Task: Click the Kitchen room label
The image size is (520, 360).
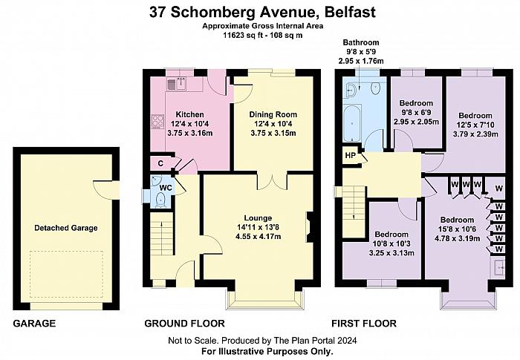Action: pyautogui.click(x=189, y=114)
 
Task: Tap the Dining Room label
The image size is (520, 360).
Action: pyautogui.click(x=273, y=114)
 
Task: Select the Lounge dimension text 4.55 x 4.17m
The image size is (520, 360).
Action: pyautogui.click(x=258, y=236)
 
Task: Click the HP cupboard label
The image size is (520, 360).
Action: pyautogui.click(x=350, y=155)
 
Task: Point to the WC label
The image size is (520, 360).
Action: pyautogui.click(x=166, y=188)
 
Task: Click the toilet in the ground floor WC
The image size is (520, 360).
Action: pyautogui.click(x=160, y=200)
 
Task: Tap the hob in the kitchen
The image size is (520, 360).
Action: pyautogui.click(x=157, y=122)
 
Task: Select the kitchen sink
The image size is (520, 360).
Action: pyautogui.click(x=177, y=84)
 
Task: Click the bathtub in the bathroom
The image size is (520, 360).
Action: pyautogui.click(x=352, y=123)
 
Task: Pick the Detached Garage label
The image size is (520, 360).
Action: pyautogui.click(x=66, y=228)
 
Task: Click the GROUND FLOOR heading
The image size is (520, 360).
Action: pyautogui.click(x=184, y=323)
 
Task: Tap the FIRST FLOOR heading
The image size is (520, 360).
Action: pyautogui.click(x=364, y=323)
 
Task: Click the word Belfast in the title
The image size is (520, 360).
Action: pyautogui.click(x=351, y=12)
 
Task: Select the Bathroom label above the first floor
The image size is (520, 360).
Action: pyautogui.click(x=361, y=42)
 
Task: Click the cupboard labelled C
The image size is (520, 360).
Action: pyautogui.click(x=161, y=163)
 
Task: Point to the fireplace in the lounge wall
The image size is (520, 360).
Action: pyautogui.click(x=309, y=227)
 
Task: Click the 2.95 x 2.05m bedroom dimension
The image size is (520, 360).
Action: pyautogui.click(x=416, y=122)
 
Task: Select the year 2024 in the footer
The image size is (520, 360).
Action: pyautogui.click(x=347, y=340)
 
